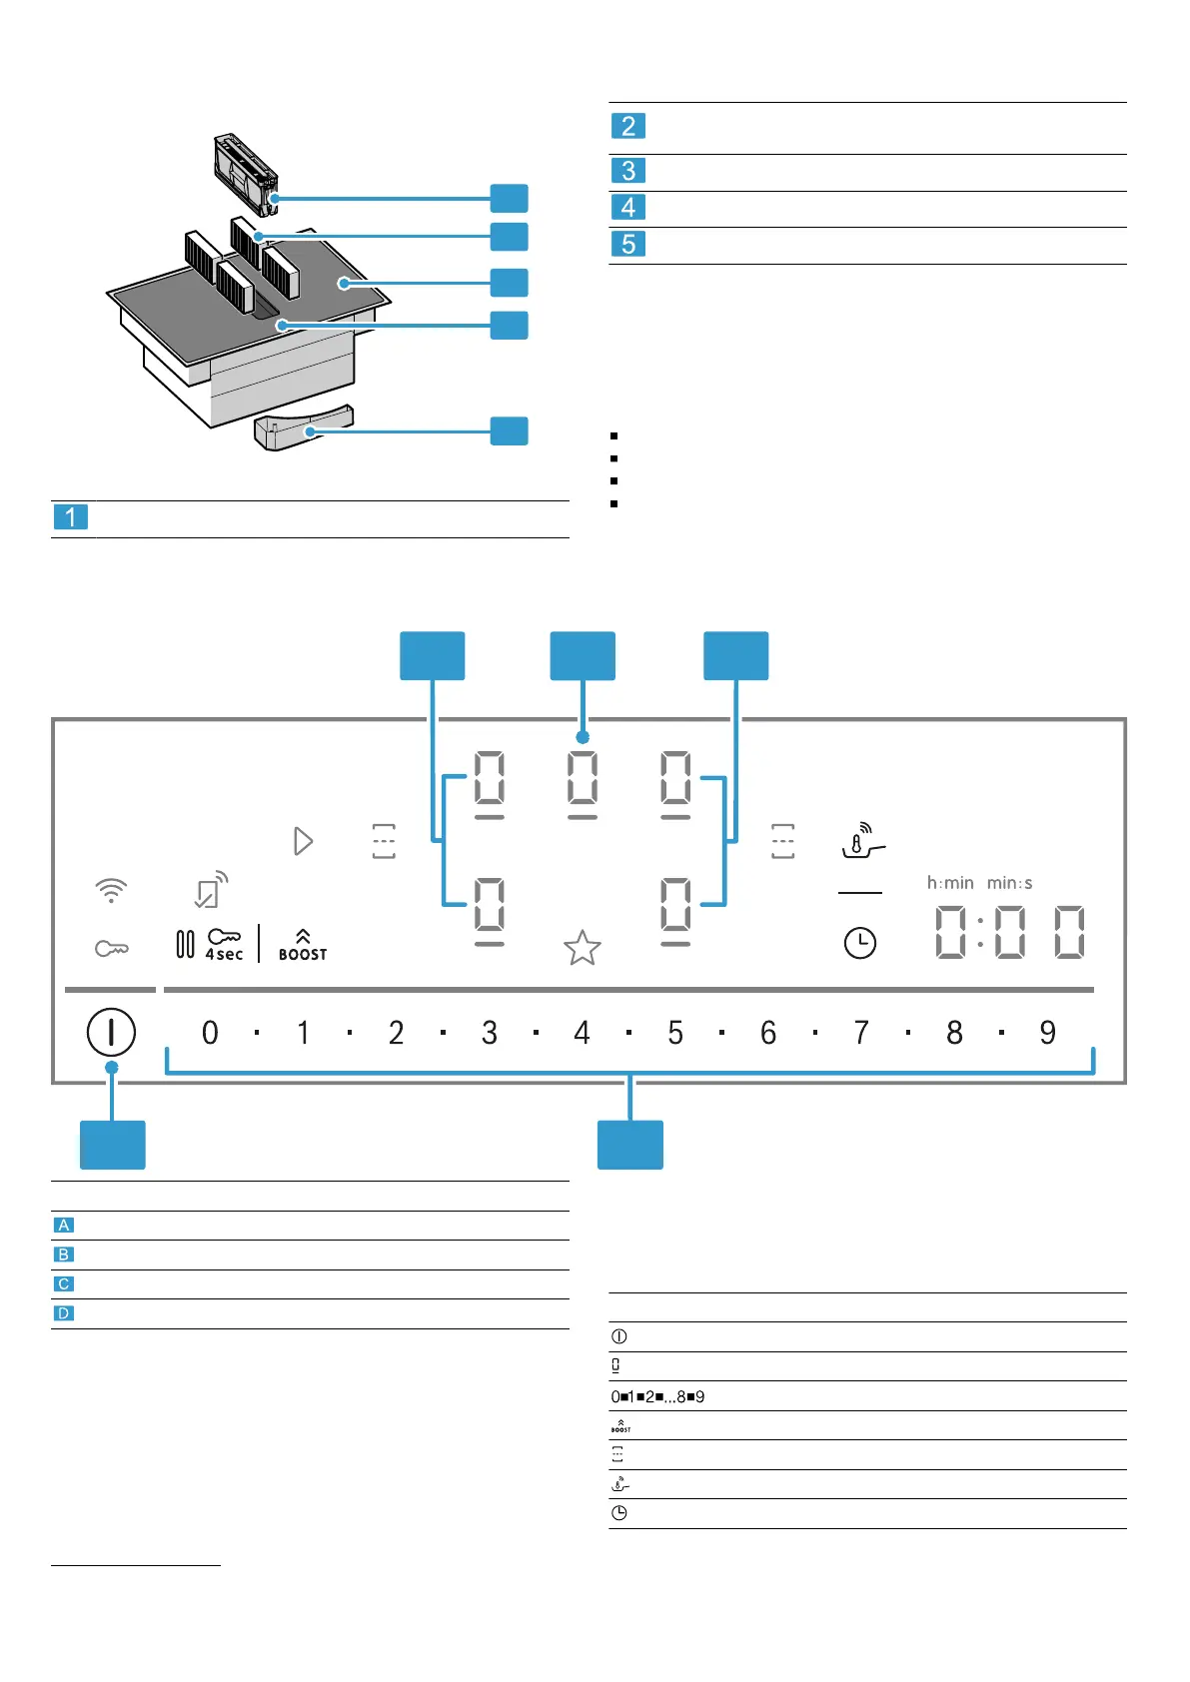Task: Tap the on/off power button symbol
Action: click(x=111, y=1032)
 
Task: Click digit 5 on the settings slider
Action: click(x=675, y=1033)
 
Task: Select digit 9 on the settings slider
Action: click(x=1047, y=1033)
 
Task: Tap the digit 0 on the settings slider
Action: click(x=210, y=1033)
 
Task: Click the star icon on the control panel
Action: click(x=583, y=948)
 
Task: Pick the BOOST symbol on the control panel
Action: click(x=303, y=945)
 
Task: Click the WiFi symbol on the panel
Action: click(x=111, y=890)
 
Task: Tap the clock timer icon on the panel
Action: click(x=859, y=943)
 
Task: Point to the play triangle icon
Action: click(x=304, y=841)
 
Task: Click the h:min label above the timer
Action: click(x=950, y=883)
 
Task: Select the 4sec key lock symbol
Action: click(x=224, y=944)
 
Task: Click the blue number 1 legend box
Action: click(x=70, y=517)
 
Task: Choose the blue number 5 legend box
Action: click(x=628, y=244)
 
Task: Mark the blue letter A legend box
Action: click(x=64, y=1226)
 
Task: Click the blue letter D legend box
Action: click(x=64, y=1313)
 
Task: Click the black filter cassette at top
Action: click(x=244, y=174)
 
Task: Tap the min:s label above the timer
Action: click(x=1009, y=883)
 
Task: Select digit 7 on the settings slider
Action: click(x=861, y=1033)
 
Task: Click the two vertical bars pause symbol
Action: click(x=185, y=944)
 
